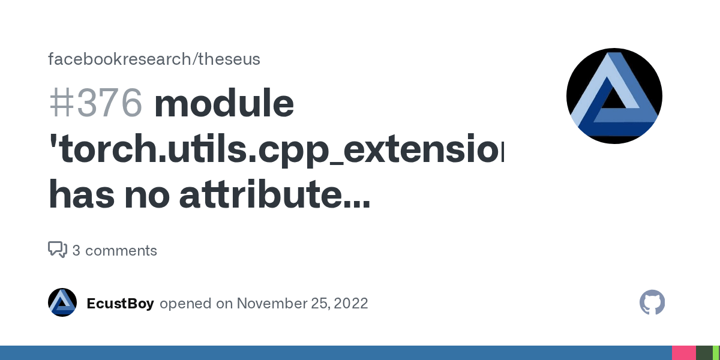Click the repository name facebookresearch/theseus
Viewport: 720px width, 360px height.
coord(154,59)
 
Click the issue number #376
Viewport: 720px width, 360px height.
coord(96,103)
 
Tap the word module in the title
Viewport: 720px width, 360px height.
coord(224,103)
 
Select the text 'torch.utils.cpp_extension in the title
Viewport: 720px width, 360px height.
coord(276,150)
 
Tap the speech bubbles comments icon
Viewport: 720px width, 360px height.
coord(57,250)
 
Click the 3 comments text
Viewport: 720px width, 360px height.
coord(115,251)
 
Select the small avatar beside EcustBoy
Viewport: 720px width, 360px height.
coord(62,302)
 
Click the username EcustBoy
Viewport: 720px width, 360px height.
coord(120,304)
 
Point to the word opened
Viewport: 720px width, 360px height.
coord(187,304)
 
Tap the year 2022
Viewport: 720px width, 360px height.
coord(350,304)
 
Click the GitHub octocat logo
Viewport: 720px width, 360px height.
coord(652,302)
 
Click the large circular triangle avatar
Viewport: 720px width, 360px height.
coord(614,97)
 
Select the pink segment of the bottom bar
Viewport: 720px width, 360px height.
coord(683,353)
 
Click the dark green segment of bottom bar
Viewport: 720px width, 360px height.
coord(703,353)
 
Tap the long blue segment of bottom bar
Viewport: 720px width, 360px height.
coord(336,353)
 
